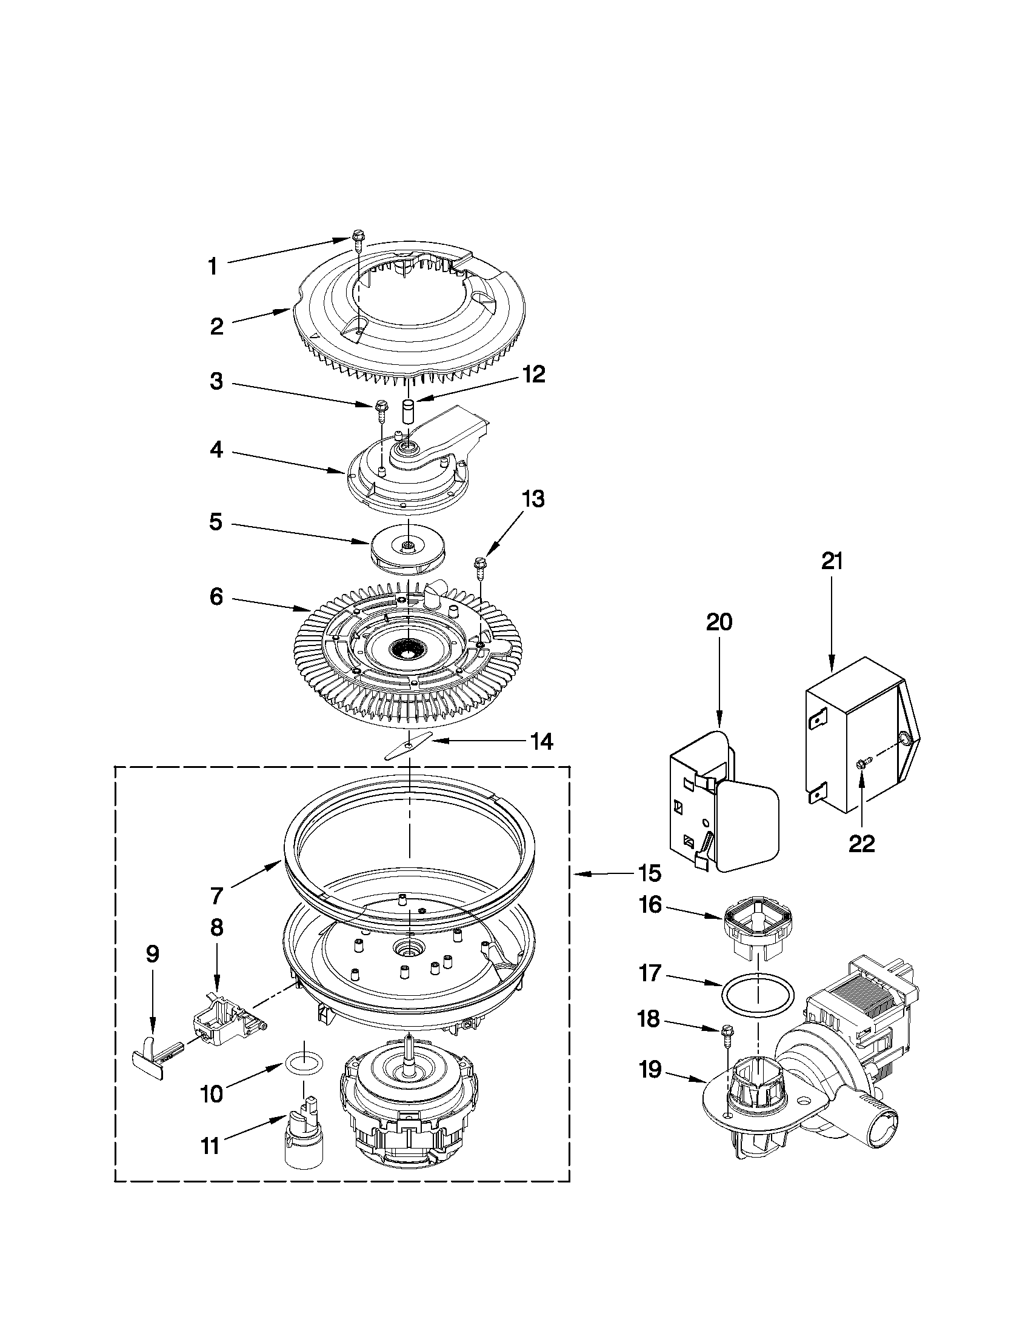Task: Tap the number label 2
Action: [x=217, y=327]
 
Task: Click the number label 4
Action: [x=216, y=451]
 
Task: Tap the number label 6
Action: [x=216, y=597]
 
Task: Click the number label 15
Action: [x=651, y=873]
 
